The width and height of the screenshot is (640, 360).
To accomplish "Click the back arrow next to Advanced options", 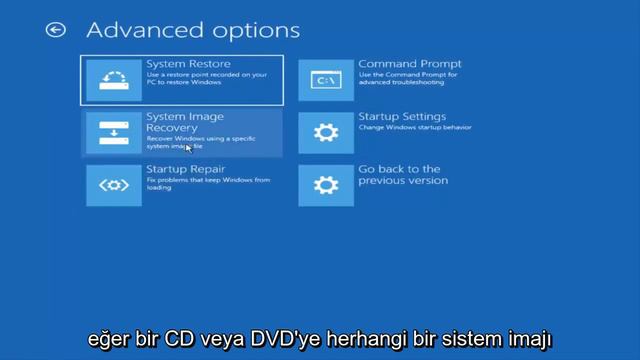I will [55, 30].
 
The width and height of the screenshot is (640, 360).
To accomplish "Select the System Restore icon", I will [113, 79].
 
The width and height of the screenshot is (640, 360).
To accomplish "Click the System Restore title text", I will [188, 65].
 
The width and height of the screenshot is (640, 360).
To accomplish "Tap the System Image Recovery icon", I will [113, 133].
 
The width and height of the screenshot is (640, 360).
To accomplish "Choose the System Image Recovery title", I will [185, 123].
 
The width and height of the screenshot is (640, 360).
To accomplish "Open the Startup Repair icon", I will [113, 185].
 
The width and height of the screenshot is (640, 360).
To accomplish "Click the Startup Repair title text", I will [186, 170].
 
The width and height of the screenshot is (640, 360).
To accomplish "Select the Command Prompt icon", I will [326, 79].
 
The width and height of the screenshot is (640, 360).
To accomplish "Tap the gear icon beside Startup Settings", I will [326, 133].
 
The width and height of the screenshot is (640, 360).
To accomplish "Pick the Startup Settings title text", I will [402, 117].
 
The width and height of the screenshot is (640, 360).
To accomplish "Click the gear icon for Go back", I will [326, 185].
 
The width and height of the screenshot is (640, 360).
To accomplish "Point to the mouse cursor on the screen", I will [188, 148].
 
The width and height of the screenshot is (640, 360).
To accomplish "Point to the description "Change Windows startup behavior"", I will [414, 128].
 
